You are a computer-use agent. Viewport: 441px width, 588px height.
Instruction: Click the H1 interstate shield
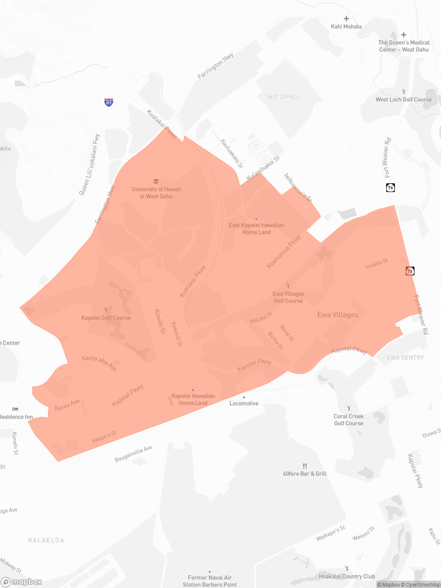pyautogui.click(x=109, y=102)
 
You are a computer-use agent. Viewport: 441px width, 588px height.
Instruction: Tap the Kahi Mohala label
pyautogui.click(x=346, y=26)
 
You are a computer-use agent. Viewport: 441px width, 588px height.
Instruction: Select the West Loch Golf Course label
pyautogui.click(x=403, y=99)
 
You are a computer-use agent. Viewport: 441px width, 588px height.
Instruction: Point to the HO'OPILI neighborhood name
pyautogui.click(x=283, y=97)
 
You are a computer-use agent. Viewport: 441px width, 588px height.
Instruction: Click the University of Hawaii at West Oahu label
pyautogui.click(x=156, y=193)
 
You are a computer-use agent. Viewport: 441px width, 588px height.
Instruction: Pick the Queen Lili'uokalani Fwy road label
pyautogui.click(x=89, y=165)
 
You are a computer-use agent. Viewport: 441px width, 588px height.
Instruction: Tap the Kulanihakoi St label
pyautogui.click(x=263, y=168)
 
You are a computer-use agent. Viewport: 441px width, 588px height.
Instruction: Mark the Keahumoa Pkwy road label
pyautogui.click(x=284, y=252)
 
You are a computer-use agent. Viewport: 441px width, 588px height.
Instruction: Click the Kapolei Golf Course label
pyautogui.click(x=106, y=318)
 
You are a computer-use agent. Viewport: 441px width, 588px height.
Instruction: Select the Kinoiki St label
pyautogui.click(x=160, y=322)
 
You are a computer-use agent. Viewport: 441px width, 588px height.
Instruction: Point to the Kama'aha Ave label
pyautogui.click(x=99, y=363)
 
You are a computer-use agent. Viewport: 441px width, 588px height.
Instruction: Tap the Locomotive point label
pyautogui.click(x=244, y=403)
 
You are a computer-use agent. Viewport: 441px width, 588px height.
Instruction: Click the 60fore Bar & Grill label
pyautogui.click(x=305, y=474)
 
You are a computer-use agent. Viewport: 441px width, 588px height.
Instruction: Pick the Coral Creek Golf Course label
pyautogui.click(x=348, y=420)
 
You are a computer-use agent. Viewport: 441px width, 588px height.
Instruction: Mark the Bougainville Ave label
pyautogui.click(x=133, y=454)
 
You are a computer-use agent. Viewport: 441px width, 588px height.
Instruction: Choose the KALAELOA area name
pyautogui.click(x=46, y=540)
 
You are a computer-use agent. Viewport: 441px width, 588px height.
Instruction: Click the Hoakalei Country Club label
pyautogui.click(x=346, y=577)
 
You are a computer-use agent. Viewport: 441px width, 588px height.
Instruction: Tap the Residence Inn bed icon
pyautogui.click(x=15, y=409)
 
